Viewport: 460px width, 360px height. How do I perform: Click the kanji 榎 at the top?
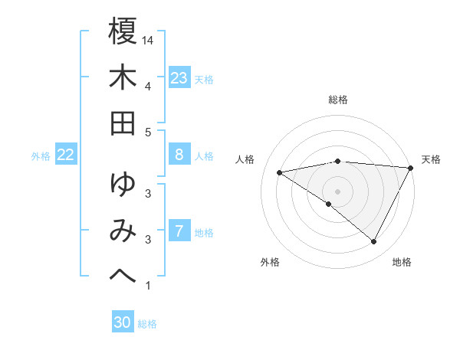click(x=123, y=32)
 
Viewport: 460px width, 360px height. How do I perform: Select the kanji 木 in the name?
click(x=123, y=77)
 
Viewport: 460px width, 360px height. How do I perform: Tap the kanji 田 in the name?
click(x=123, y=123)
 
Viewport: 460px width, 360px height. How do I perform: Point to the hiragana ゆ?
click(x=123, y=184)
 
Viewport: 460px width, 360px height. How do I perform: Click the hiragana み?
click(x=123, y=229)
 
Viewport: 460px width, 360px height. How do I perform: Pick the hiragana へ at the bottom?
click(x=123, y=272)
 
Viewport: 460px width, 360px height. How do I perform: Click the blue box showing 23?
click(x=179, y=78)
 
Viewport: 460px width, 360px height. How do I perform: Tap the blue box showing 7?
click(x=179, y=231)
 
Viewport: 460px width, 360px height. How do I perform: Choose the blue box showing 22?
click(x=65, y=155)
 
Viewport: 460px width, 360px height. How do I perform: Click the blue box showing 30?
click(x=122, y=322)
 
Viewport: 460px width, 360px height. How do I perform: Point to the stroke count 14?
click(x=149, y=40)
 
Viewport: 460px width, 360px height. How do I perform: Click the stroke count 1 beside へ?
click(x=148, y=286)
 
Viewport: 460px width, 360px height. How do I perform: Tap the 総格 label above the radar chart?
click(x=338, y=100)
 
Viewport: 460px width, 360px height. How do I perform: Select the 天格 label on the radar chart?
click(x=431, y=159)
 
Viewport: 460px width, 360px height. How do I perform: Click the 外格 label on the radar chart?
click(x=270, y=262)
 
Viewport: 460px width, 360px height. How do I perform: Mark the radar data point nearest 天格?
click(x=411, y=168)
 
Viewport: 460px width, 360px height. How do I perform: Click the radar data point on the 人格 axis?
click(x=280, y=172)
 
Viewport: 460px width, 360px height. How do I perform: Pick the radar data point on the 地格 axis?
click(x=374, y=242)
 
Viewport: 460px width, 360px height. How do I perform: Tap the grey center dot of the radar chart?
click(x=338, y=191)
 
